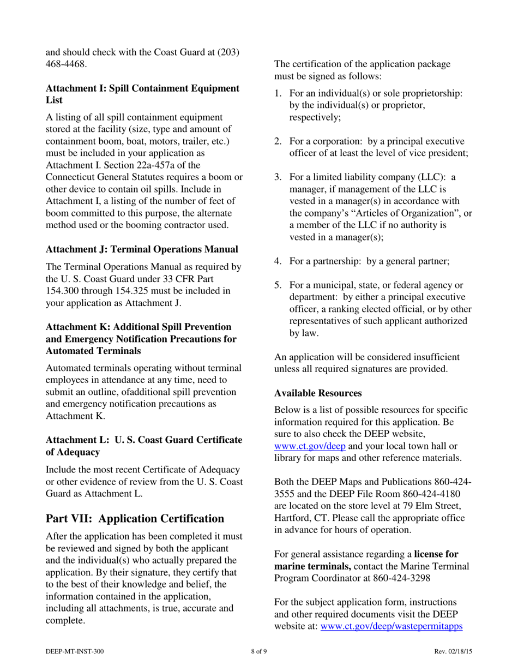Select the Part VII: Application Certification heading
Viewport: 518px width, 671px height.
coord(135,518)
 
